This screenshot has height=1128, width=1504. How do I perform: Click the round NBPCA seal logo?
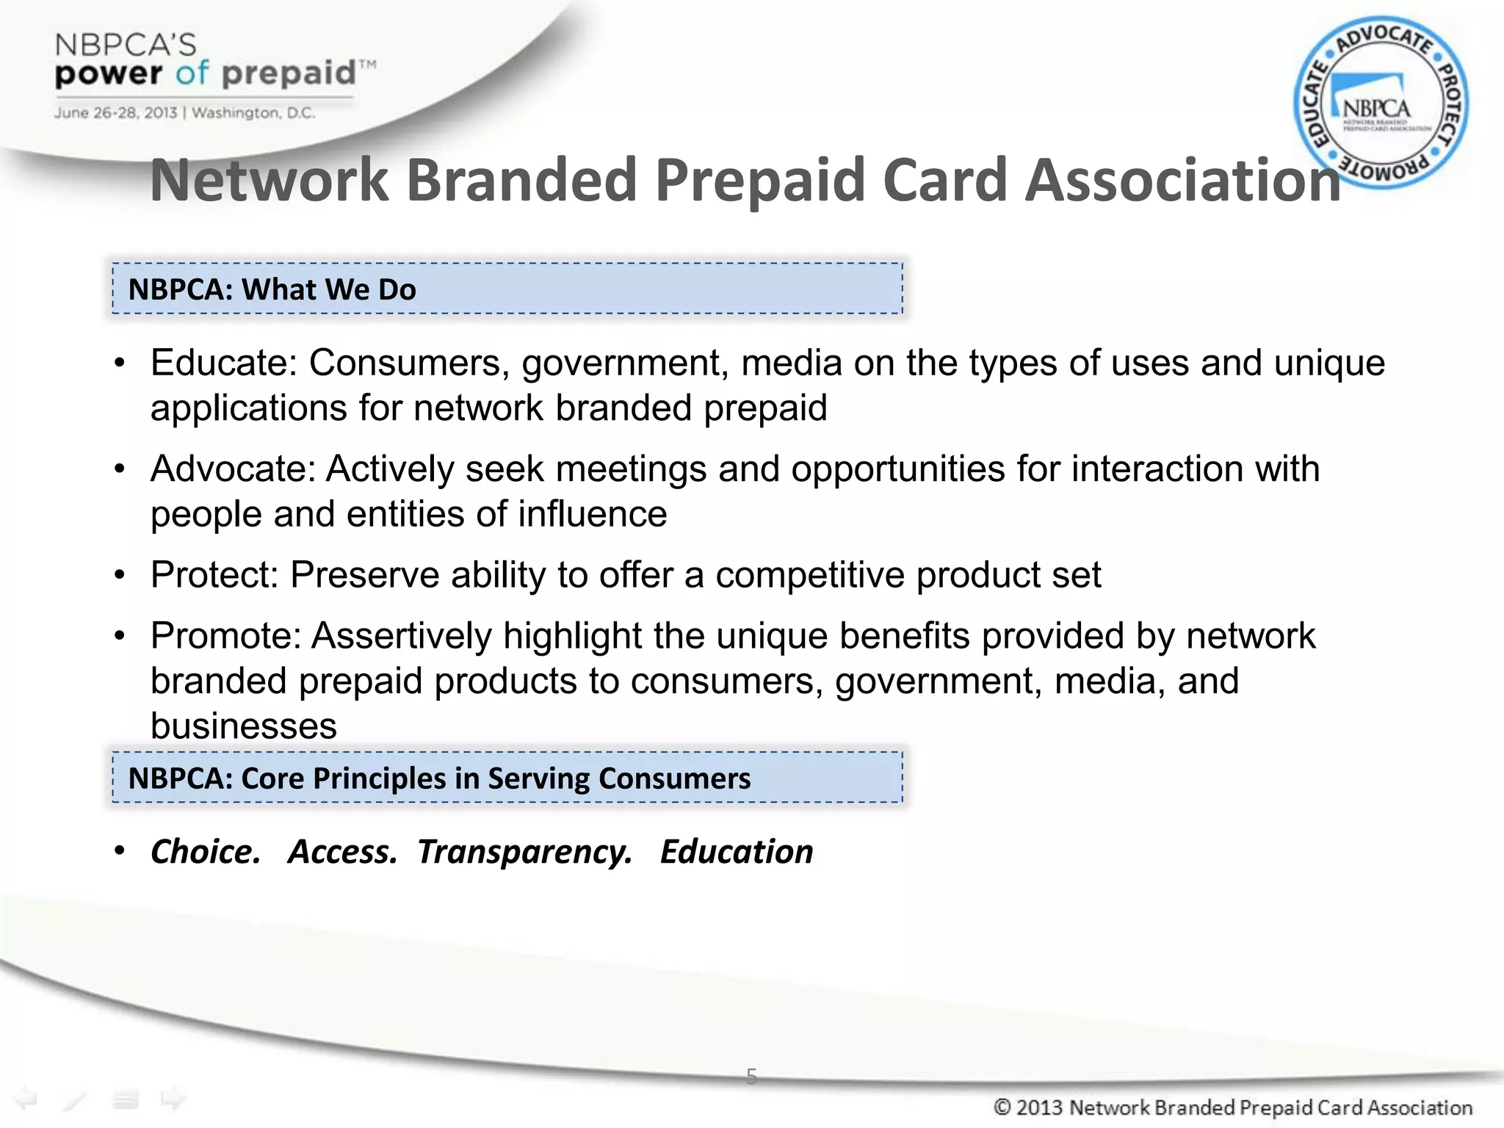1381,103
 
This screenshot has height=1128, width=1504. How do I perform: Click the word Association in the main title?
1182,180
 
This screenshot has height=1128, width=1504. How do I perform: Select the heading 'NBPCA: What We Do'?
272,289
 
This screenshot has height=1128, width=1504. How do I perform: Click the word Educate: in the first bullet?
224,363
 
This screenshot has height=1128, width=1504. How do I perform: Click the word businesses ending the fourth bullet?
244,726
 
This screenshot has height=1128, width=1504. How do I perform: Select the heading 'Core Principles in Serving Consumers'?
439,778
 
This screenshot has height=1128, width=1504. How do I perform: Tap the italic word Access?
342,852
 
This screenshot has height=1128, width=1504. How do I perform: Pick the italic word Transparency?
524,852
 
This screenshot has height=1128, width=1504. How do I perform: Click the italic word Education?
737,852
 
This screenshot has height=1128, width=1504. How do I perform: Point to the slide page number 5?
751,1076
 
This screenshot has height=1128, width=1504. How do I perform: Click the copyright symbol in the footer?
1002,1107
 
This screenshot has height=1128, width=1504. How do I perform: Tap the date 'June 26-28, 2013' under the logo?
115,113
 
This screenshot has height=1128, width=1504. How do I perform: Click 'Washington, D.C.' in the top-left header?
253,113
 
